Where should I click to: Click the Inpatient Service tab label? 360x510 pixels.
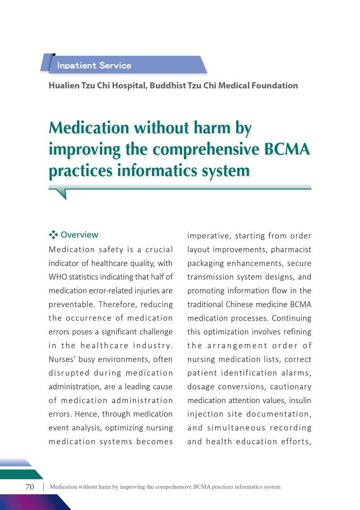94,66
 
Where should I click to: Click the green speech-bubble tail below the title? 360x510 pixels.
61,193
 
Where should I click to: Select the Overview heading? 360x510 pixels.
79,235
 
